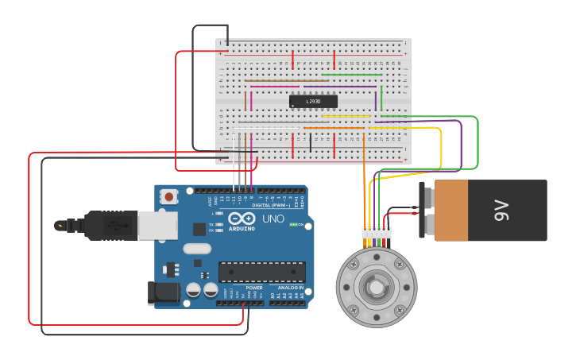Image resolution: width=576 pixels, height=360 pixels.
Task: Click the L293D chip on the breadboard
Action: [313, 101]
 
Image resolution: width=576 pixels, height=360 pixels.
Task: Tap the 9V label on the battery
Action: [501, 210]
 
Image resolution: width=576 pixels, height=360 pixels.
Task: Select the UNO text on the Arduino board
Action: [273, 219]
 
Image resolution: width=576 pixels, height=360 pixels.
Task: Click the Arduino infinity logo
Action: [241, 219]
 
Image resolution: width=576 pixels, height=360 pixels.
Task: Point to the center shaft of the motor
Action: [376, 287]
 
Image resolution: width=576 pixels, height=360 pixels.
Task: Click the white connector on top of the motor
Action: [376, 233]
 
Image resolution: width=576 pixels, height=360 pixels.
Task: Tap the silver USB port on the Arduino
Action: [157, 225]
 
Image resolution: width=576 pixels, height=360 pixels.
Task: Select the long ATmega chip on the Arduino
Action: [261, 272]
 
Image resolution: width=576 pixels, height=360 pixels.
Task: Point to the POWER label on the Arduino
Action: [254, 288]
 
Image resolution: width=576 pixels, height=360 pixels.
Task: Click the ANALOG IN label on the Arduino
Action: [288, 288]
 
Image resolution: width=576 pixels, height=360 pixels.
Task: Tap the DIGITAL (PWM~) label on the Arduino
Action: [262, 205]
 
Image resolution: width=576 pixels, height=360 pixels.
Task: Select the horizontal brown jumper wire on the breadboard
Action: [287, 80]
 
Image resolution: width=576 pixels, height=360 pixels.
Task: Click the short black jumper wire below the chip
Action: [310, 143]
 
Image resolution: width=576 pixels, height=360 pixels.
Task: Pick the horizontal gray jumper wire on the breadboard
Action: [270, 122]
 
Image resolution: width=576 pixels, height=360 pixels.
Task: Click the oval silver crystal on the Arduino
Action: [196, 249]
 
